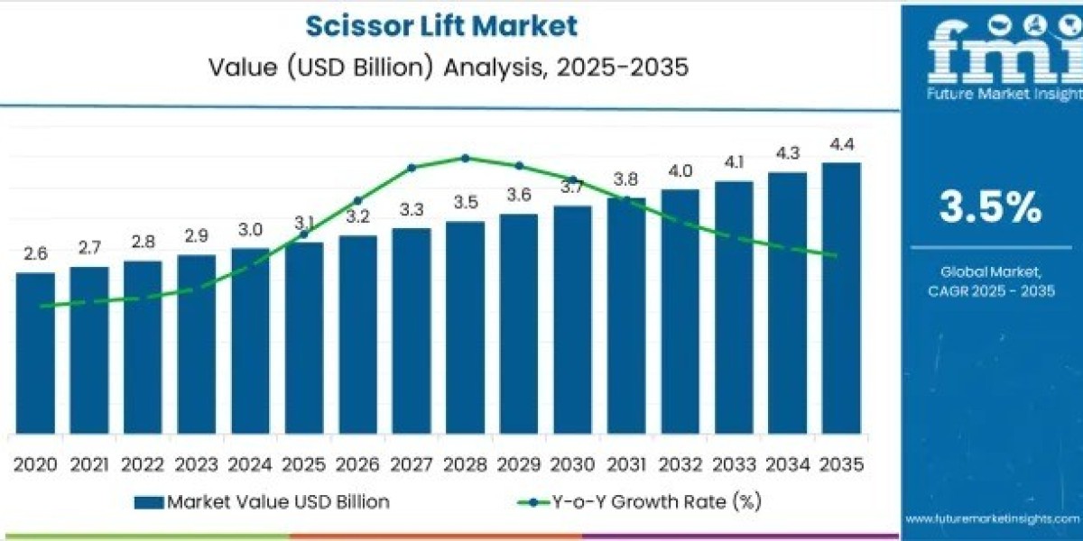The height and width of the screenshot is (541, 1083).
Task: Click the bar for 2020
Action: (35, 352)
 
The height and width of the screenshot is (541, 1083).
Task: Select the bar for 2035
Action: (841, 298)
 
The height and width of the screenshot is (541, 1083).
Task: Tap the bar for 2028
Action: (465, 326)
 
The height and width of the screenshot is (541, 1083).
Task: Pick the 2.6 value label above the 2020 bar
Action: (35, 255)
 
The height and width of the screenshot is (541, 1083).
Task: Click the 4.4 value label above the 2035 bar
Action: (841, 144)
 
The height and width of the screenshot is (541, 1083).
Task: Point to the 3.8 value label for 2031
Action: (626, 179)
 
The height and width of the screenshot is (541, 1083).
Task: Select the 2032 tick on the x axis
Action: (680, 465)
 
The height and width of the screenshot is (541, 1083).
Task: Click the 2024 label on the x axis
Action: (250, 465)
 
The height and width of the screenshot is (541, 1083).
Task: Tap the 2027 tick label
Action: (412, 465)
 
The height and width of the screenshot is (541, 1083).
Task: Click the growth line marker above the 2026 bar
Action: (357, 201)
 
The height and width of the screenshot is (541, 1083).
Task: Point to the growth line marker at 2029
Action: (519, 166)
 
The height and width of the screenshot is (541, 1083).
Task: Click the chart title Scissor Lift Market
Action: (441, 25)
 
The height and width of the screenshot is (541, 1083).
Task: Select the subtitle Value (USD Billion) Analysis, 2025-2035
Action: (441, 68)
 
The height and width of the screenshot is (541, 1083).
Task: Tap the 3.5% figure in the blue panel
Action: (990, 208)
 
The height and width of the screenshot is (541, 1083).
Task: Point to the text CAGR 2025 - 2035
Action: (991, 290)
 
